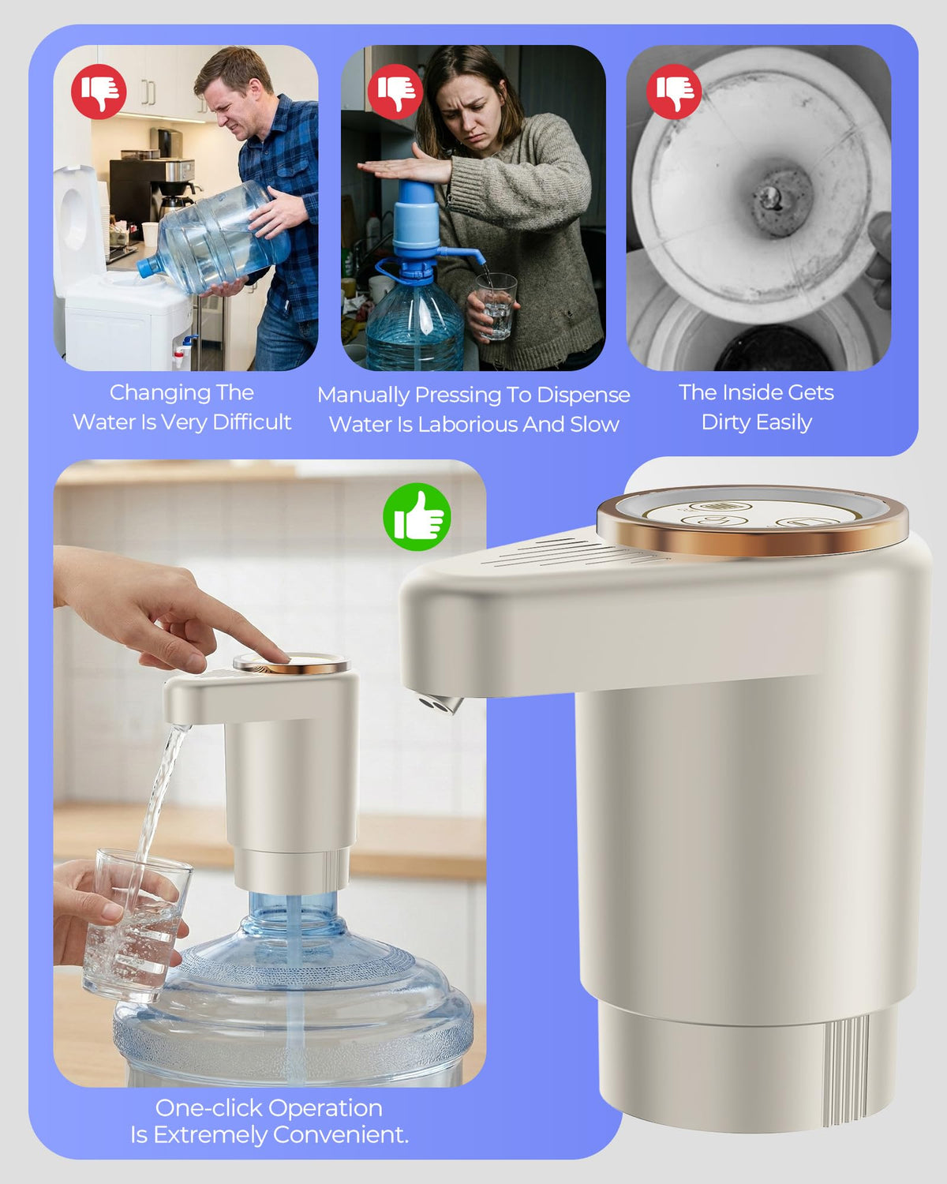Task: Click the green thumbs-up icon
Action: [417, 517]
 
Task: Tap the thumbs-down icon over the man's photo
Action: [99, 92]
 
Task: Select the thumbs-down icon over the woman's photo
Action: [395, 92]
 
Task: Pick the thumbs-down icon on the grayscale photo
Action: [673, 92]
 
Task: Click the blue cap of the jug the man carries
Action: [148, 268]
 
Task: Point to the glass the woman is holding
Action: [496, 307]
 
